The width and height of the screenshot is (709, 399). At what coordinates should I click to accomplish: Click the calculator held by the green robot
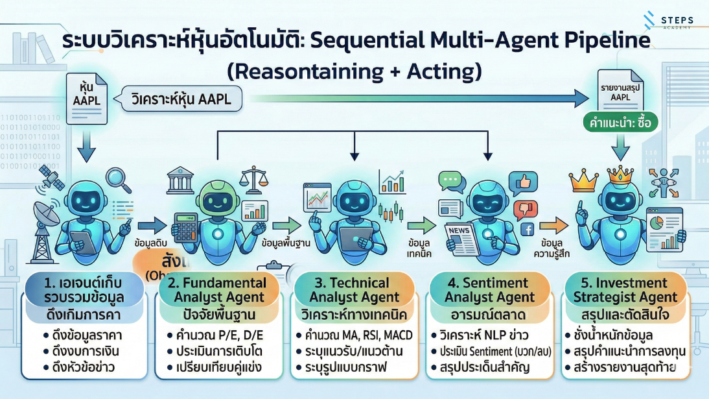[187, 228]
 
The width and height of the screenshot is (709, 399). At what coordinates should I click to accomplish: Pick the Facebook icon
[526, 229]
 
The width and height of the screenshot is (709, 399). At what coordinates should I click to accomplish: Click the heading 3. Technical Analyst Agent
[354, 290]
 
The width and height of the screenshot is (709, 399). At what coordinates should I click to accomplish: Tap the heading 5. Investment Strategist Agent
[625, 290]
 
